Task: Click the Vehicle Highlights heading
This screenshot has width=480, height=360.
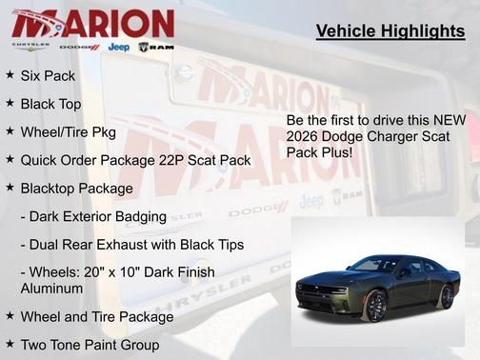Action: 390,32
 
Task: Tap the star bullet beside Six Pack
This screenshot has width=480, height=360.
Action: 10,73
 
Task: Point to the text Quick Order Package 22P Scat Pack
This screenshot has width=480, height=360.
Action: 135,160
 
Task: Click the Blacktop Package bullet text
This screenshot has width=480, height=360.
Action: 77,189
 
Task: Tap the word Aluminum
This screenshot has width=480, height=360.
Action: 53,288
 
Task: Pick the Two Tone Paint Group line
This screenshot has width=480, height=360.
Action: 90,344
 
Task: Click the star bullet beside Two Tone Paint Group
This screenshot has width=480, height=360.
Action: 10,343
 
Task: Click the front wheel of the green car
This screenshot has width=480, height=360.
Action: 376,306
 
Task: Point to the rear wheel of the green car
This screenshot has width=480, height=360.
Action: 447,296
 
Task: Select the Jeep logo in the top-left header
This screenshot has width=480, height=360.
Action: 119,47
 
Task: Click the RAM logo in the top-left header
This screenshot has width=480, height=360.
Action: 157,47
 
